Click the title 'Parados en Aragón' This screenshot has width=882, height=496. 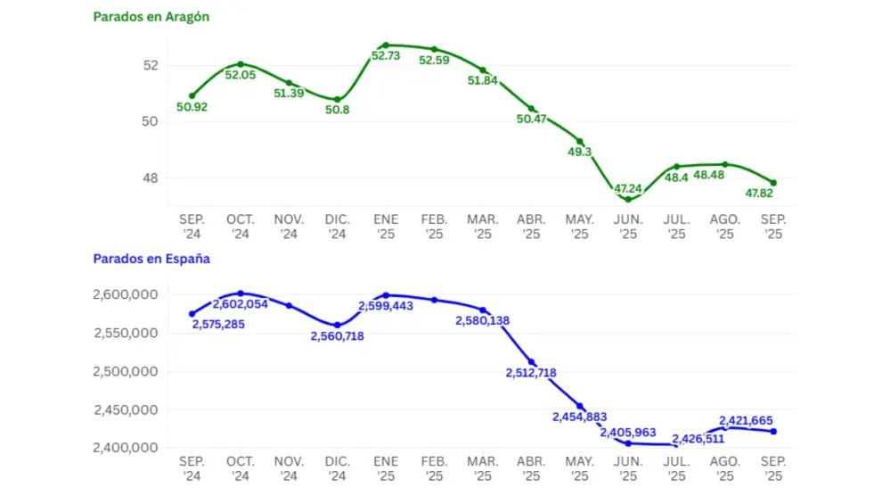(x=151, y=17)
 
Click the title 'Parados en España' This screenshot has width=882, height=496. (x=151, y=259)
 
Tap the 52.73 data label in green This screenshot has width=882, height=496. (x=386, y=56)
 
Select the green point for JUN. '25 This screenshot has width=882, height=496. (x=628, y=199)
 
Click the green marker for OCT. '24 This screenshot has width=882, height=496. (x=241, y=64)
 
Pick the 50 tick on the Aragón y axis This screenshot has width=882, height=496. (x=150, y=121)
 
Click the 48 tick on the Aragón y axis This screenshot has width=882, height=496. (x=150, y=178)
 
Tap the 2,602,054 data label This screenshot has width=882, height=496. (x=241, y=304)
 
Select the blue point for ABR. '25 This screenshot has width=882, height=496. (x=532, y=362)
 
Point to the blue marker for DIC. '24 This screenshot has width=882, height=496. (x=338, y=326)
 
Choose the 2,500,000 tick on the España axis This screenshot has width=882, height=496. (x=126, y=372)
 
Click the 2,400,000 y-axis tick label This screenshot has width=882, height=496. (x=126, y=448)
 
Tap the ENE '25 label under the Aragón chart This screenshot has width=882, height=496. (x=386, y=227)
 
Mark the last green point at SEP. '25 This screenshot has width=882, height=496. (x=773, y=183)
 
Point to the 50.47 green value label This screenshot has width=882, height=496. (x=532, y=119)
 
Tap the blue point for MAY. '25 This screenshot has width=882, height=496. (x=580, y=406)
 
